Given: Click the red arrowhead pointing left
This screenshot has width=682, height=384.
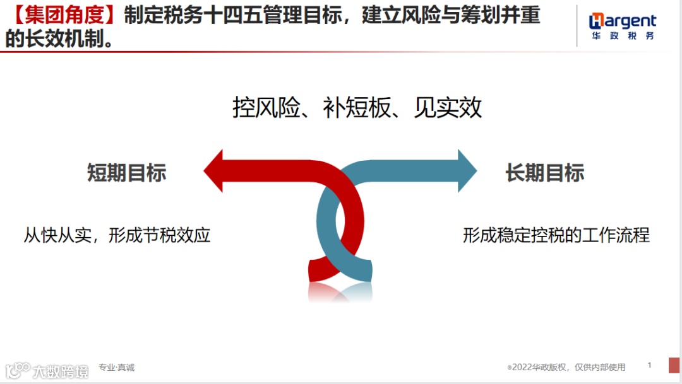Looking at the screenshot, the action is (x=214, y=171).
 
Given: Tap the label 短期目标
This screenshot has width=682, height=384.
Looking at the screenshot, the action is (x=126, y=172).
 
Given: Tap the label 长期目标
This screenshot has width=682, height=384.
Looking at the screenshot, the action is (x=545, y=172).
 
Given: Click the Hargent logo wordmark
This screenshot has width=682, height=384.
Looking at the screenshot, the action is (x=623, y=22).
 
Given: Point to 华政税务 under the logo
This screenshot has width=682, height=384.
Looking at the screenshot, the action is (x=623, y=37).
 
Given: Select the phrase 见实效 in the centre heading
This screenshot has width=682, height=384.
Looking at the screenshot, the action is (x=448, y=108).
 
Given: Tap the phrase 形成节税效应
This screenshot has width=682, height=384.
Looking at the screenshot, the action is (x=159, y=236).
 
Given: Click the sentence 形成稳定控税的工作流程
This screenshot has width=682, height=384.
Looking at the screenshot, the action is (x=556, y=236).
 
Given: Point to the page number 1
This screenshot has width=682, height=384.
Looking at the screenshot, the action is (x=650, y=365).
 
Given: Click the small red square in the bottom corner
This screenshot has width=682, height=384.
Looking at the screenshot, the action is (x=674, y=365).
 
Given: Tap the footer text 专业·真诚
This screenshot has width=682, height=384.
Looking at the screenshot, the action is (x=116, y=367).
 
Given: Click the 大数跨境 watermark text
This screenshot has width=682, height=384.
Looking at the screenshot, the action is (x=61, y=371).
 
